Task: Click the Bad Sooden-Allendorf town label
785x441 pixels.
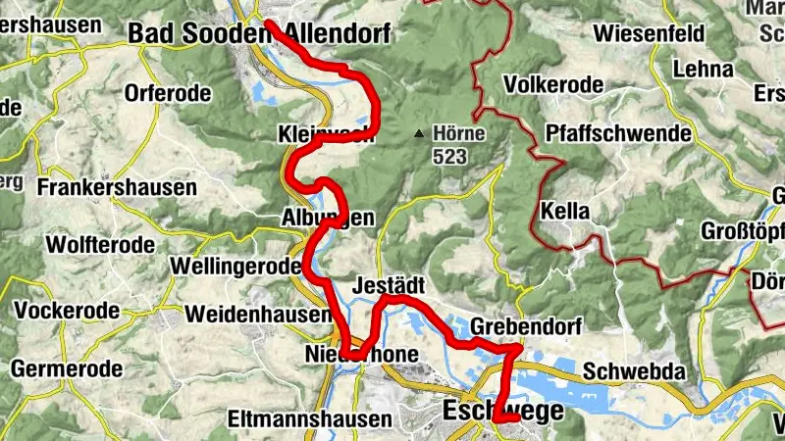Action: coord(259,34)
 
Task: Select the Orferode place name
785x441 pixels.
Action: coord(168,95)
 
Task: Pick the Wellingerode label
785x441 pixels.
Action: coord(234,267)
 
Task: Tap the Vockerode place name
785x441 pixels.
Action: coord(67,311)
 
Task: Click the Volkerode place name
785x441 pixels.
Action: coord(552,84)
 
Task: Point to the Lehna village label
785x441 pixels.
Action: coord(704,70)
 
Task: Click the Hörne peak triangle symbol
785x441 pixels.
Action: coord(419,132)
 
